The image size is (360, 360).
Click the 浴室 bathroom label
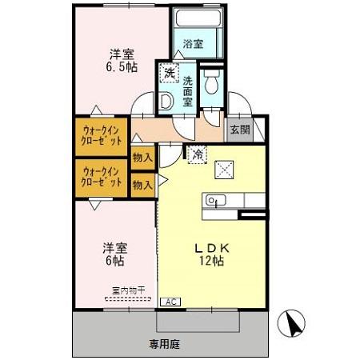pos(194,44)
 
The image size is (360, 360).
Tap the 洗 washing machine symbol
pos(169,73)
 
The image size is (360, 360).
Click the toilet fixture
pos(213,83)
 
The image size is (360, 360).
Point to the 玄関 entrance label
pos(239,130)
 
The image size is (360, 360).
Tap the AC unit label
pos(170,302)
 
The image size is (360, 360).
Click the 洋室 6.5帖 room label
pos(122,61)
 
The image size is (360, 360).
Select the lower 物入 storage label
pos(142,184)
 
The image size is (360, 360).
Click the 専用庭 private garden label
pos(165,344)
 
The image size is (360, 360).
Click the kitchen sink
pos(213,201)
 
